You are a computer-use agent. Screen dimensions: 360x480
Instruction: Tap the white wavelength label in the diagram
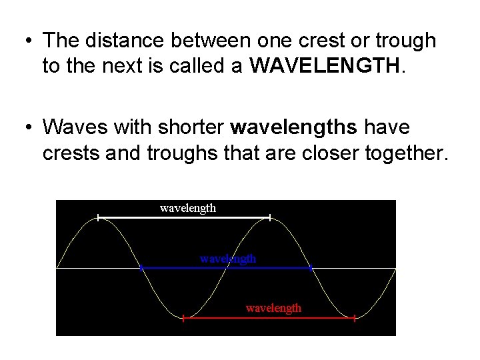coord(188,208)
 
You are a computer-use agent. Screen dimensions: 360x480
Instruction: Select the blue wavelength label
coord(228,258)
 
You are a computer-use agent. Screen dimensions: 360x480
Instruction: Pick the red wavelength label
coord(273,308)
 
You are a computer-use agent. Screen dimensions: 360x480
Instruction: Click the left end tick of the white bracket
coord(98,217)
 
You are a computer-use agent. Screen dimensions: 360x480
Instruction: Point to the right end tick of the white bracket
coord(269,217)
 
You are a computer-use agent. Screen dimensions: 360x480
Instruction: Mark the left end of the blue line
coord(141,268)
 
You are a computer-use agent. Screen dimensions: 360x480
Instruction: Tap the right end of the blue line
coord(311,268)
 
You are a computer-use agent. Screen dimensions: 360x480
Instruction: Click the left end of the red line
coord(183,319)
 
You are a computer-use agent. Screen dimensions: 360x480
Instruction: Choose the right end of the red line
coord(354,319)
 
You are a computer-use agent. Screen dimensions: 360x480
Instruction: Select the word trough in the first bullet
coord(405,41)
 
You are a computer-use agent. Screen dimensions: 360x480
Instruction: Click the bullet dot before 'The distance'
coord(25,41)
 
